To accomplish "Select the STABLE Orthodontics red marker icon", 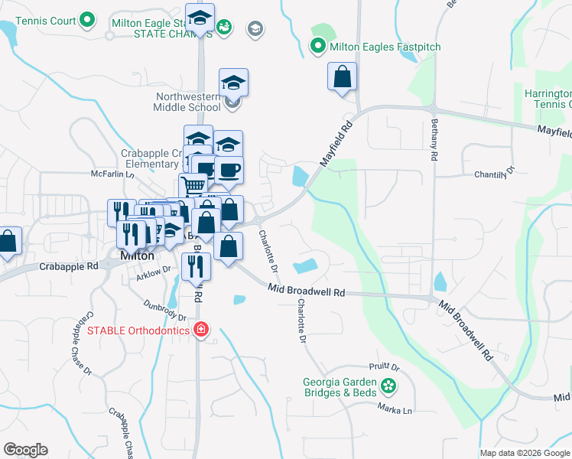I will tap(200, 330).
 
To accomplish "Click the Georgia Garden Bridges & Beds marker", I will tap(390, 386).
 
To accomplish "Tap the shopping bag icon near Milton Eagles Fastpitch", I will tap(343, 77).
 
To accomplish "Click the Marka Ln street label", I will tap(395, 409).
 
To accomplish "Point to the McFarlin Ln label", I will tap(107, 174).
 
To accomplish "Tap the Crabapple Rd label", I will tap(71, 266).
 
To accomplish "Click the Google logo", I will tap(25, 449).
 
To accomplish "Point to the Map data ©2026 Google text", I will tap(525, 453).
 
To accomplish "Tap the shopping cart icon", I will tap(193, 187).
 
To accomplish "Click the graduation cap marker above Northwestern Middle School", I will tap(233, 83).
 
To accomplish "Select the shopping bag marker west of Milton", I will tap(8, 241).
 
